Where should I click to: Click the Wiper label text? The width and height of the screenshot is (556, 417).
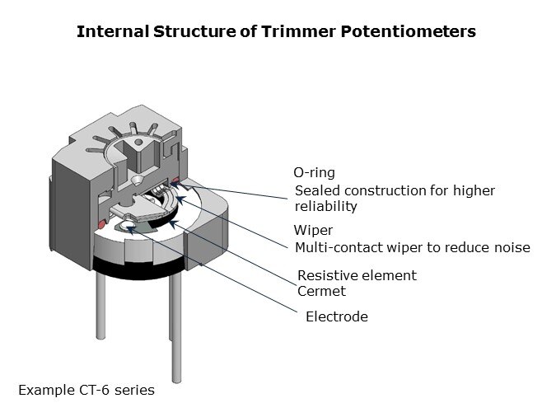(x=313, y=230)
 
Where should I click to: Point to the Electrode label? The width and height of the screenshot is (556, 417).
(x=336, y=316)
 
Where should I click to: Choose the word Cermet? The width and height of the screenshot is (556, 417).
(x=321, y=291)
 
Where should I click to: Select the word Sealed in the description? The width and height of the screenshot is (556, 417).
(x=316, y=190)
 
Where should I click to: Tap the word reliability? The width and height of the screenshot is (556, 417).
(x=325, y=206)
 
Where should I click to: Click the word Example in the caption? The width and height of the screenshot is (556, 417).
(x=43, y=390)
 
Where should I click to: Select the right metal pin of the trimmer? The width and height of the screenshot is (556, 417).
(x=176, y=330)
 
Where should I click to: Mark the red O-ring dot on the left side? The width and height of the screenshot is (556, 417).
(x=101, y=223)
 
